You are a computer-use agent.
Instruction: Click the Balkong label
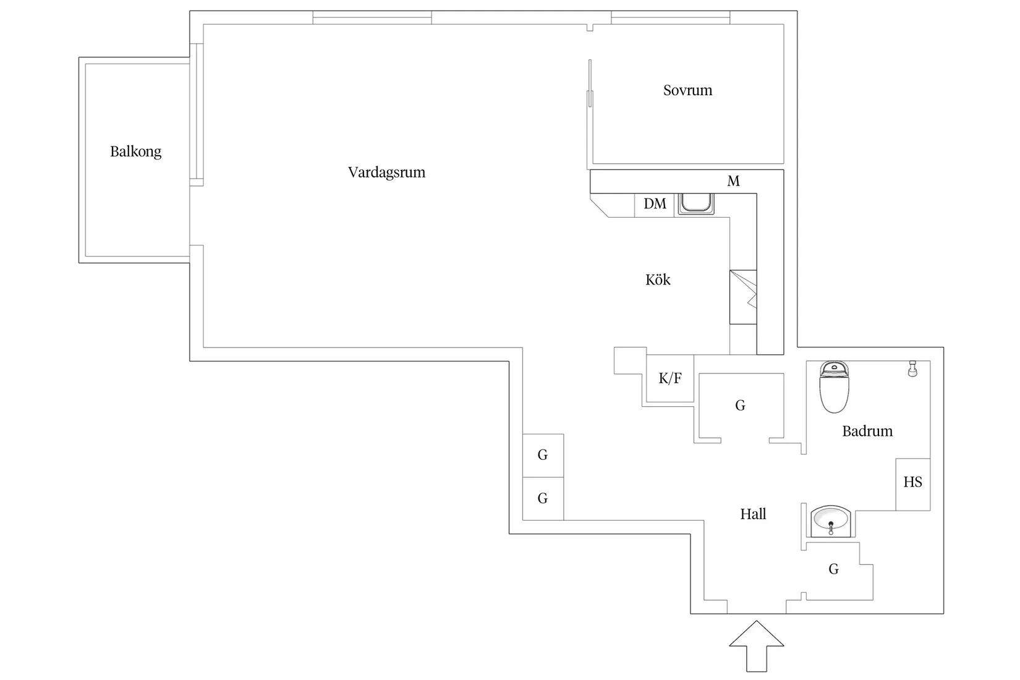click(x=135, y=151)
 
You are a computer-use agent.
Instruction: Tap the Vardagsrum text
click(x=386, y=172)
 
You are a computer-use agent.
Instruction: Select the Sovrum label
click(x=687, y=90)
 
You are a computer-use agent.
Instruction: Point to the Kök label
click(x=658, y=280)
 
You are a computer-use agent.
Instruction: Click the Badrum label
click(x=867, y=431)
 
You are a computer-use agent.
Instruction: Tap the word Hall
click(x=753, y=514)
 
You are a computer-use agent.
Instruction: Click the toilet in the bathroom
click(x=835, y=388)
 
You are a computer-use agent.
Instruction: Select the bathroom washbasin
click(x=831, y=521)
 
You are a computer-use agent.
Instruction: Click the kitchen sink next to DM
click(x=696, y=204)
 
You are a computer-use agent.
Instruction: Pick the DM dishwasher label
click(x=655, y=204)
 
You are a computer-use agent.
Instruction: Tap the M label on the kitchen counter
click(x=733, y=181)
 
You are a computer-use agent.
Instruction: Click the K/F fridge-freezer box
click(x=670, y=378)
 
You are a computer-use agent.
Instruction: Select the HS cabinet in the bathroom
click(x=912, y=483)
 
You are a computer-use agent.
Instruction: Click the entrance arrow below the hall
click(x=756, y=646)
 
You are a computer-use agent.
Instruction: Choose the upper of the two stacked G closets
click(x=543, y=456)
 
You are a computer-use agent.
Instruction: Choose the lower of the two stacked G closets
click(x=543, y=499)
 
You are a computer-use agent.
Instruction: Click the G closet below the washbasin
click(x=833, y=569)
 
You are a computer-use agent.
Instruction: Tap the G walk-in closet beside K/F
click(x=740, y=406)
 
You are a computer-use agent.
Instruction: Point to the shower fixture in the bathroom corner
click(x=911, y=369)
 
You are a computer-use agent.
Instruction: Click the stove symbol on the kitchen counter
click(x=743, y=297)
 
